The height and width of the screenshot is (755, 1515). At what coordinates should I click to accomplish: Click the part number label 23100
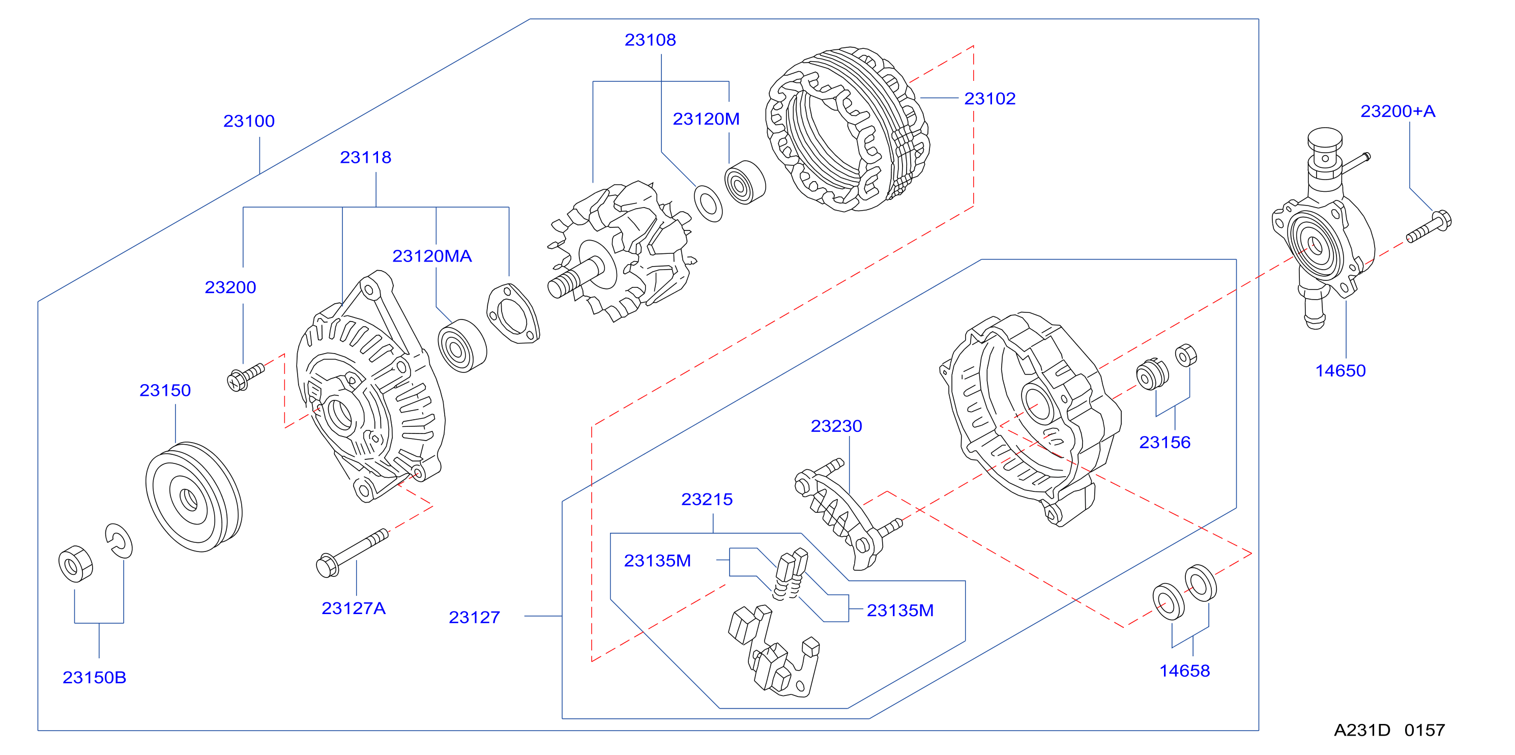[x=249, y=121]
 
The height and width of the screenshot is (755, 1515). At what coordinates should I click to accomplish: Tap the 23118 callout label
[x=365, y=158]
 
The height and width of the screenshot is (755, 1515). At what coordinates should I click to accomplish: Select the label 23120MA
[x=432, y=256]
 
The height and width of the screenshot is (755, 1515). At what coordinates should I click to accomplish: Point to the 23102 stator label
[x=990, y=99]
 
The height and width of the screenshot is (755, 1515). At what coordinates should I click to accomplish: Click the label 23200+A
[x=1397, y=111]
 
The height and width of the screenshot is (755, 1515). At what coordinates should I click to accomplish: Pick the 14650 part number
[x=1341, y=371]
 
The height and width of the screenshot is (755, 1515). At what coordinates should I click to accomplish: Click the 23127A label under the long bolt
[x=354, y=608]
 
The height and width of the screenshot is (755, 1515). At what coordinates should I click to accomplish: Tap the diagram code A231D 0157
[x=1389, y=730]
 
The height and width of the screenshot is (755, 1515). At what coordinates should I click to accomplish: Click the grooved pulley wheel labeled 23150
[x=193, y=498]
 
